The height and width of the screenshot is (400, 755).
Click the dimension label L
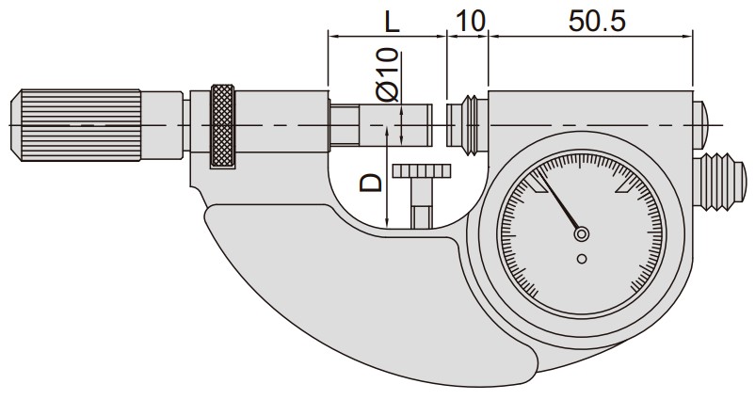393,22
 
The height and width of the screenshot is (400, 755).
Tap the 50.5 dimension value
597,22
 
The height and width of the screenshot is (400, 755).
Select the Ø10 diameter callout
388,74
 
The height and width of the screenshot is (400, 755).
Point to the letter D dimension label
371,184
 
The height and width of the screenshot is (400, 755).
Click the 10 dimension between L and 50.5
470,22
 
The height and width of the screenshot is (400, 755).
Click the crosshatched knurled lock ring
222,127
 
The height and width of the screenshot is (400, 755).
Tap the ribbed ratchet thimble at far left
76,124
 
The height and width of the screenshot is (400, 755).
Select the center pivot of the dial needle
581,234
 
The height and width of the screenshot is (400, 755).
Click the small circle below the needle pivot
582,259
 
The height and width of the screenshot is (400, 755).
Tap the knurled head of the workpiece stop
422,171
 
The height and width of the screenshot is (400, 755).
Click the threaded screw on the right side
720,183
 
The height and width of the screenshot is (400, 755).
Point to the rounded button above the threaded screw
701,124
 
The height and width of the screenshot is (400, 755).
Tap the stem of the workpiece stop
422,202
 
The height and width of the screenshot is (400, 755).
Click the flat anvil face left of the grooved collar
454,125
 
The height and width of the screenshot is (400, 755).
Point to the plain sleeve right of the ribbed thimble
162,124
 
